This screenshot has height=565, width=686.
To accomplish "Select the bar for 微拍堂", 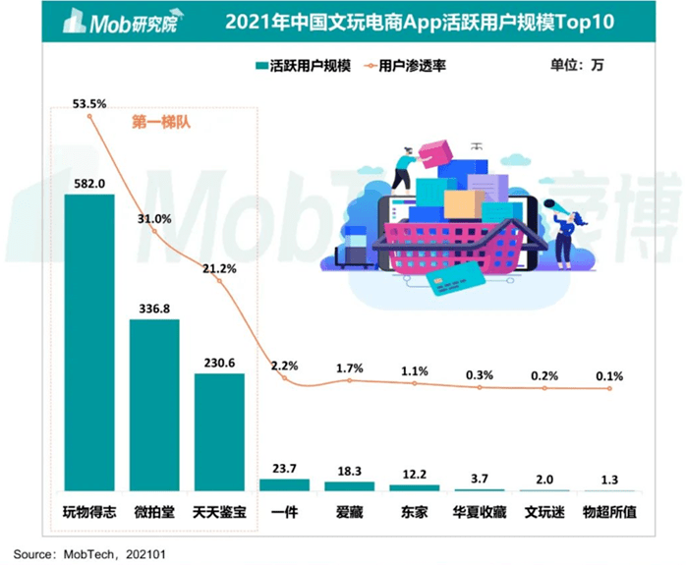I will point(154,405).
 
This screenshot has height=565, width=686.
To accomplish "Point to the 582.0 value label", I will point(88,183).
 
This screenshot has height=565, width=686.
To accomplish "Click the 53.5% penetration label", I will point(89,102).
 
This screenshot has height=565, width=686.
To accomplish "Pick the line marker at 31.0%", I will point(154,230).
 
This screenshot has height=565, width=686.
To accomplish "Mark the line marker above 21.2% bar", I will point(219,281).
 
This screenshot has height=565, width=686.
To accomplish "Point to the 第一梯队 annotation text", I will point(159,123).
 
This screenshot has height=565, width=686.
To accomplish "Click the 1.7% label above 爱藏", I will point(349,367).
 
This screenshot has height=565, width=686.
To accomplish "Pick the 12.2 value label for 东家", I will point(415,474).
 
